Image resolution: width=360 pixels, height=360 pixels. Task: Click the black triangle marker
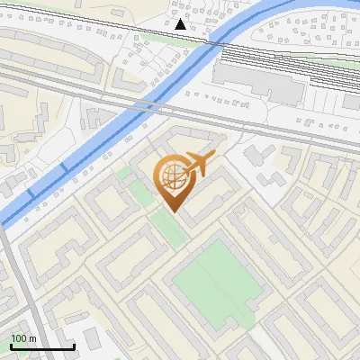coord(181,24)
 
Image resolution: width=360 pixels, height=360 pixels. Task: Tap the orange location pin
coord(174,180)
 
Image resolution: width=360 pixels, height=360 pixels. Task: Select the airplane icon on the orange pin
coord(196,164)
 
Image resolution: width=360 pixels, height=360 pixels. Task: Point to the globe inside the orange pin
coord(173,175)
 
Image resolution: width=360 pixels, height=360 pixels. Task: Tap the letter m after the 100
coord(32,338)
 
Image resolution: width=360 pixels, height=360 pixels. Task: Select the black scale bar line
coord(42,347)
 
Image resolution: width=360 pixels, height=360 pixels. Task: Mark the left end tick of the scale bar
coord(11,346)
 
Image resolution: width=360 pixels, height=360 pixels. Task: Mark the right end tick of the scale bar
coord(74,346)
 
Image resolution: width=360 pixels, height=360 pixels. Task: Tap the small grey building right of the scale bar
coord(93,339)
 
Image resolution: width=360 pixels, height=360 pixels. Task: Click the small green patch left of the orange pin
coord(126,171)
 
